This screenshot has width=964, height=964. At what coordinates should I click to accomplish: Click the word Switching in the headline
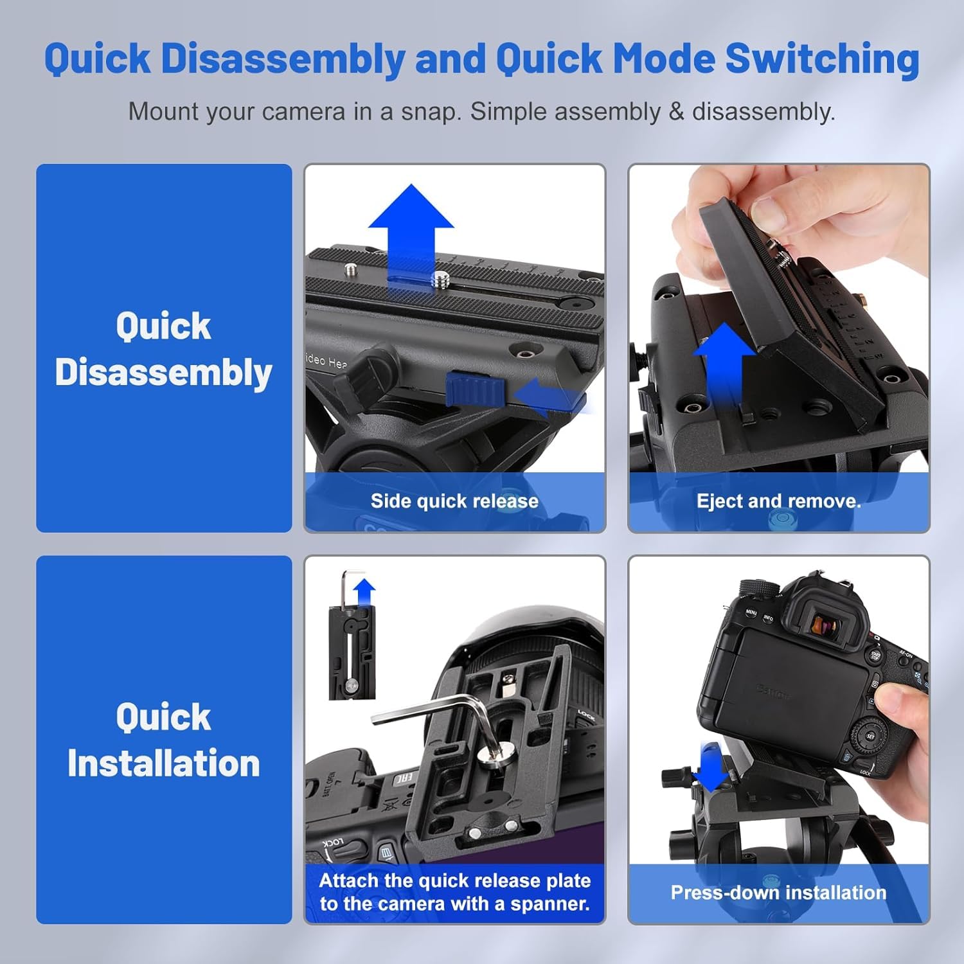click(x=823, y=59)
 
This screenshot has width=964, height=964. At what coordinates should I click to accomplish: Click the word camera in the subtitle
click(x=303, y=112)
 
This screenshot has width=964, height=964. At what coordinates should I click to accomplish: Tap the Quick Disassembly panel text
click(x=163, y=349)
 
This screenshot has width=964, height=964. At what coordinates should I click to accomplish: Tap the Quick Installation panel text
click(x=163, y=740)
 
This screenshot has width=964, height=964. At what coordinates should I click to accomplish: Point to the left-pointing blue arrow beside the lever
click(x=549, y=396)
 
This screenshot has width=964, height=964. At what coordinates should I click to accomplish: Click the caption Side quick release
click(x=454, y=501)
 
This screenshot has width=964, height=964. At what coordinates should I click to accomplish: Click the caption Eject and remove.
click(x=778, y=501)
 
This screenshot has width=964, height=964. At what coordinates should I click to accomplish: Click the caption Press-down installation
click(x=778, y=893)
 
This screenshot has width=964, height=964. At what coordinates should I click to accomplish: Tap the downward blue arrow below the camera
click(x=711, y=767)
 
